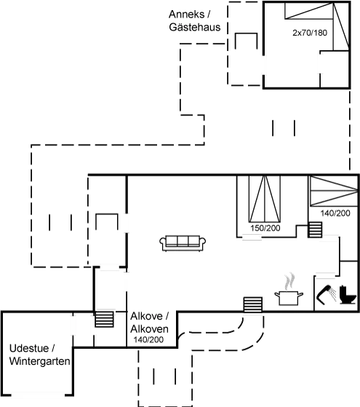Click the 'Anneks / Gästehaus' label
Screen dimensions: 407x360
tap(194, 21)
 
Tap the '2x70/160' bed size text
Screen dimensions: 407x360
tap(310, 33)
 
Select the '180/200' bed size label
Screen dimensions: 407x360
tap(265, 228)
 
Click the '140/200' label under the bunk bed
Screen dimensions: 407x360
tap(335, 213)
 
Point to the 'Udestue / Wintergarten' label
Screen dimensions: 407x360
tap(39, 355)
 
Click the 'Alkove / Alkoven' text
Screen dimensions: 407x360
tap(150, 323)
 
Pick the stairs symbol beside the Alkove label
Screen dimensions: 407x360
tap(105, 319)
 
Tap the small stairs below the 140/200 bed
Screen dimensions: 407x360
tap(314, 229)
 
